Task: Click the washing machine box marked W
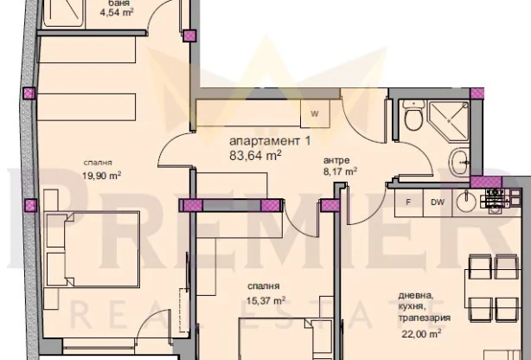(x=315, y=113)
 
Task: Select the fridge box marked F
(x=406, y=202)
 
